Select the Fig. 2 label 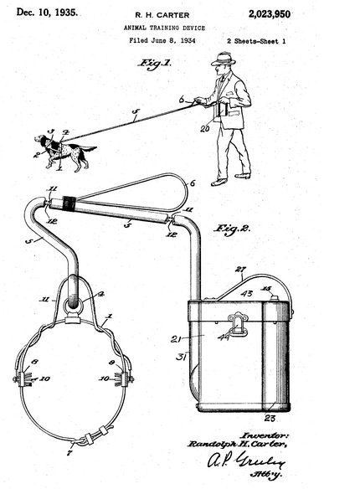click(234, 228)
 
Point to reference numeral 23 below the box click(270, 417)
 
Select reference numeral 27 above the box click(240, 269)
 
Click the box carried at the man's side click(224, 111)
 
